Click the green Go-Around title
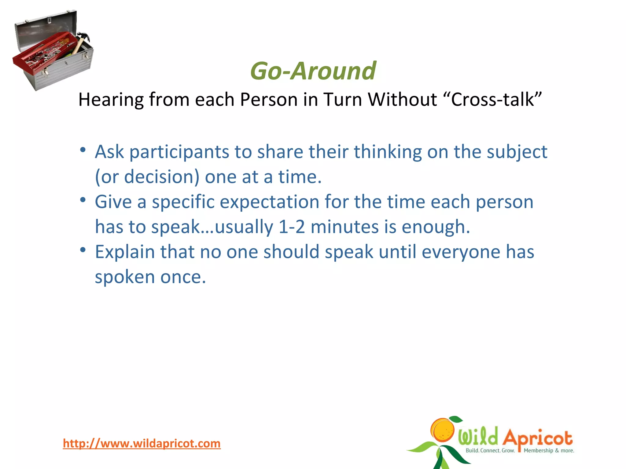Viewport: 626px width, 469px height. [x=313, y=71]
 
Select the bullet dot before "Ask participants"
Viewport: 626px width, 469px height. [x=83, y=150]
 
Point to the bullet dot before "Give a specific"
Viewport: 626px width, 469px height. [x=83, y=200]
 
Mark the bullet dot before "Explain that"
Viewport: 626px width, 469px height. [x=83, y=250]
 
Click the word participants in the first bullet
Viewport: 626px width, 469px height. [x=179, y=152]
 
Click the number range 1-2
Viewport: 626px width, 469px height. [x=292, y=227]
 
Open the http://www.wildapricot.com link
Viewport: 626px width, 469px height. [x=142, y=443]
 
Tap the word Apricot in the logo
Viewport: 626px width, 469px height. [x=537, y=438]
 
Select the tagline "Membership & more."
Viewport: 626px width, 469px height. [x=549, y=451]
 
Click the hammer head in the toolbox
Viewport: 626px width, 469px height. [x=84, y=37]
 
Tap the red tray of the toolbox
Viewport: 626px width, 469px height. [x=43, y=55]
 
